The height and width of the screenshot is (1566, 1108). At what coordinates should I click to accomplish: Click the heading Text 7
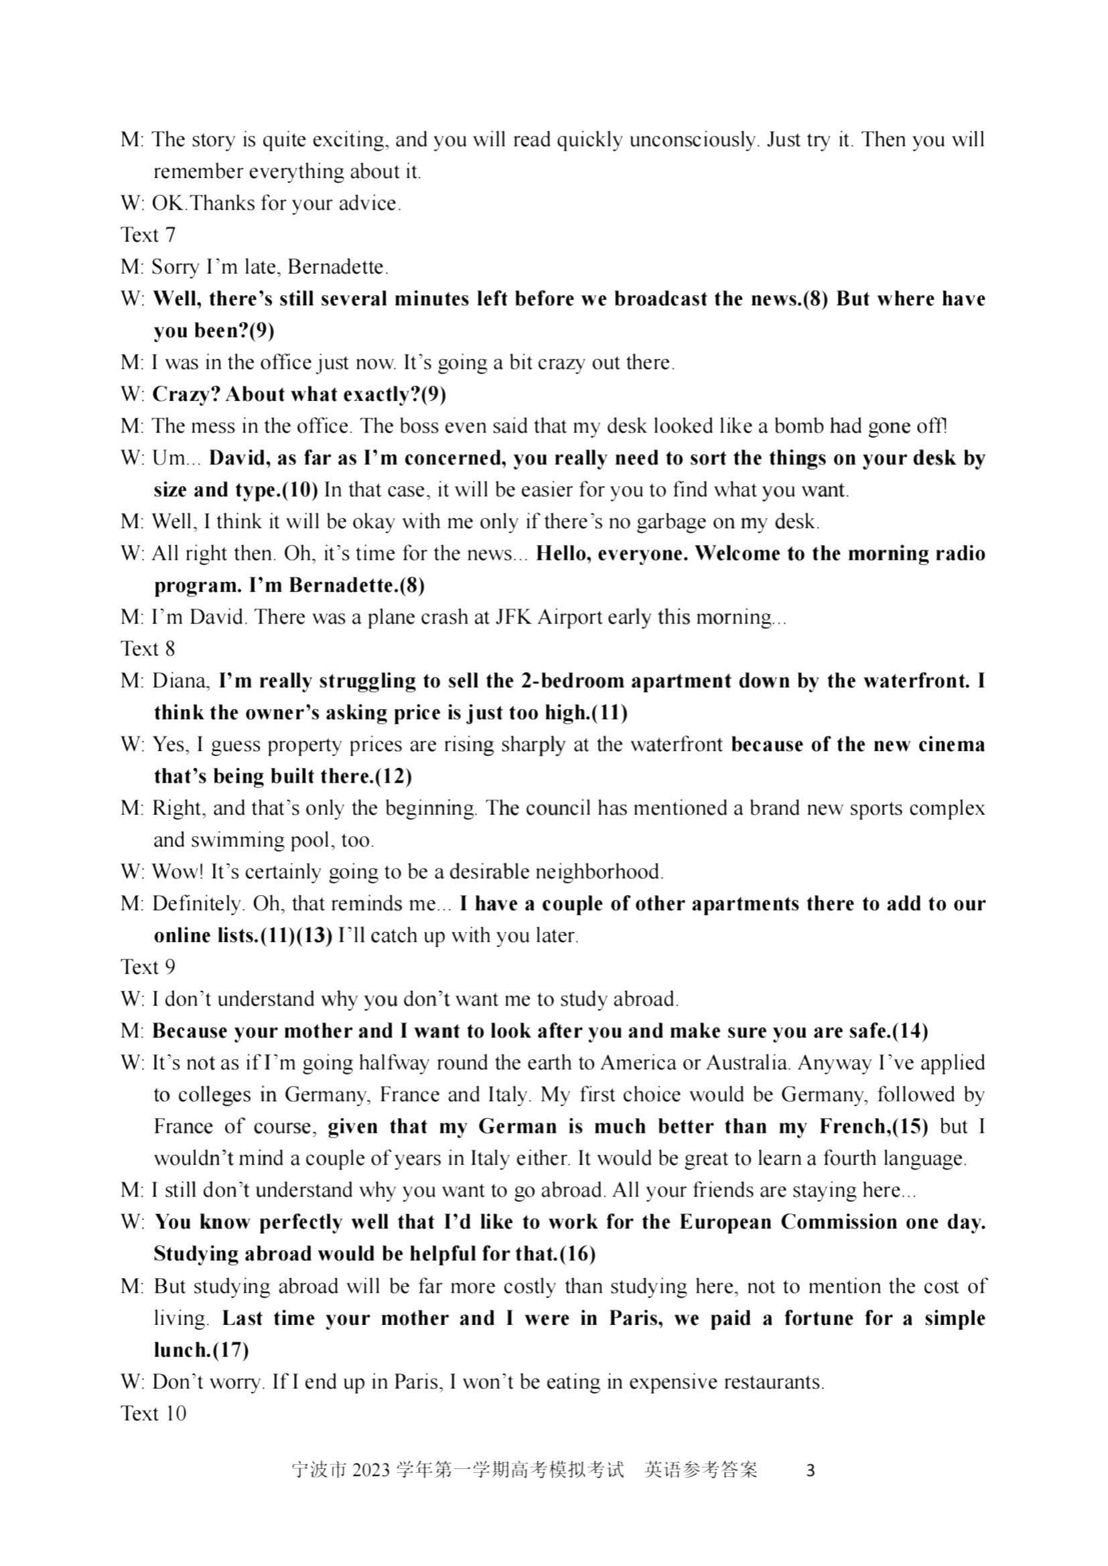click(148, 235)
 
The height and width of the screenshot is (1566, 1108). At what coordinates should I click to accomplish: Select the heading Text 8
click(148, 649)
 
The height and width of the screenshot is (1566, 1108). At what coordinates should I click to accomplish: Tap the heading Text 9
click(148, 967)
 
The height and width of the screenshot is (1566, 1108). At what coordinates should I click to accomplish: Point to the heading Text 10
click(153, 1413)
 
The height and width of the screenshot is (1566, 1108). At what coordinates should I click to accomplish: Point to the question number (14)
click(910, 1031)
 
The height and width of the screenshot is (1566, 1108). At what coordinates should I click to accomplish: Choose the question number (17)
click(230, 1350)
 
